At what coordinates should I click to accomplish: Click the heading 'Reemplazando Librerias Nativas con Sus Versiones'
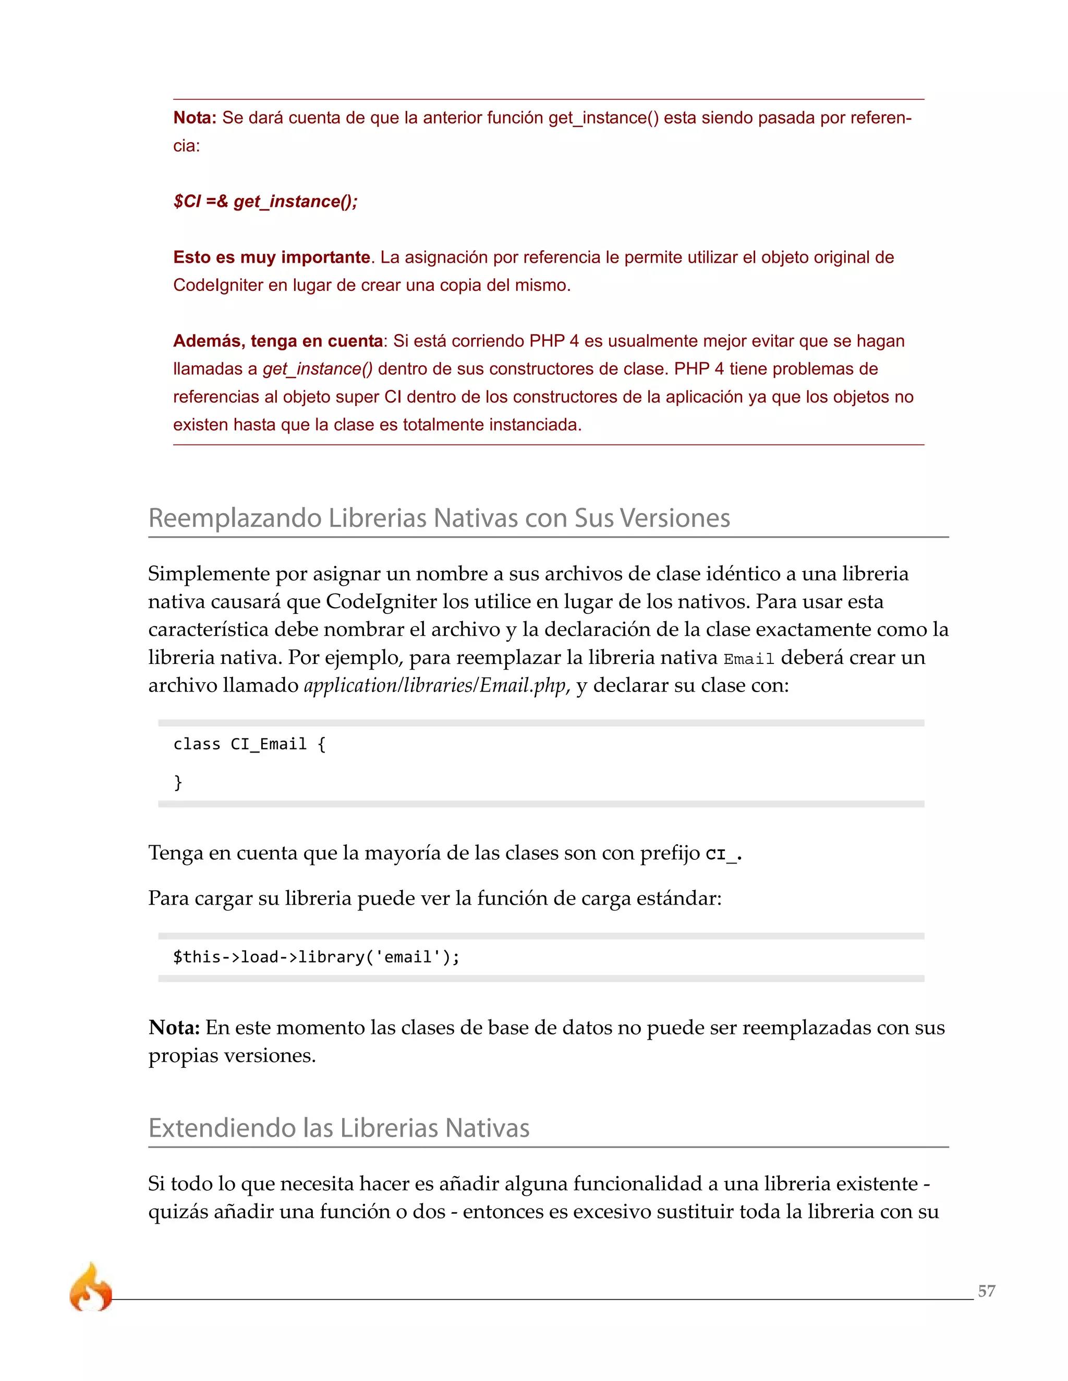click(439, 518)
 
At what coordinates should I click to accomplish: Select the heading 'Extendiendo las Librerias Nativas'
click(338, 1128)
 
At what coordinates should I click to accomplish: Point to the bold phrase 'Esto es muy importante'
click(271, 257)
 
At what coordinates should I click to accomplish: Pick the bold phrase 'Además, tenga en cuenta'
click(278, 341)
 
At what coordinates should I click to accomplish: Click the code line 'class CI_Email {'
click(249, 744)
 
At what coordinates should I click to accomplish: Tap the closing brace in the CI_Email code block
click(178, 782)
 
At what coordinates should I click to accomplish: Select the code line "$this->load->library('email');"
click(317, 957)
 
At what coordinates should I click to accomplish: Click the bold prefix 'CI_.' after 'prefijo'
click(723, 854)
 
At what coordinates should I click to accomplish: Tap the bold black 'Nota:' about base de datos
click(174, 1028)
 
